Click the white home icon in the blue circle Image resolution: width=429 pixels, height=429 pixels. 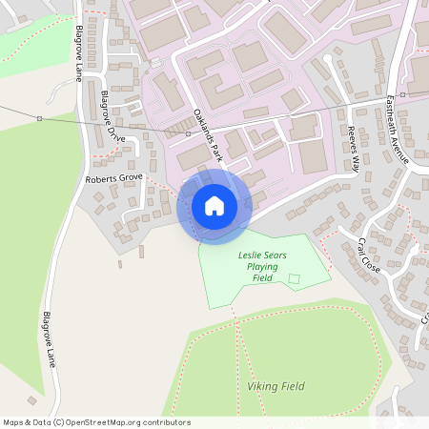click(214, 205)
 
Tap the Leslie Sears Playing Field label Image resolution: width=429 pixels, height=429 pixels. click(261, 267)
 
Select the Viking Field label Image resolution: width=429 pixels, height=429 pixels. click(276, 386)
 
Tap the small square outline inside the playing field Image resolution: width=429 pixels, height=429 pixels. click(295, 279)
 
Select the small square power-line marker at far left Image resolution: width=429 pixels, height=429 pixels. click(39, 118)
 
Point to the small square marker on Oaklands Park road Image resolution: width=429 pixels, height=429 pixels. click(187, 134)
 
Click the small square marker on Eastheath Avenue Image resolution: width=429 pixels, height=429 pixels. click(403, 95)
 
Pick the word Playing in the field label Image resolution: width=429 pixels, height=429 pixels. click(262, 267)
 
